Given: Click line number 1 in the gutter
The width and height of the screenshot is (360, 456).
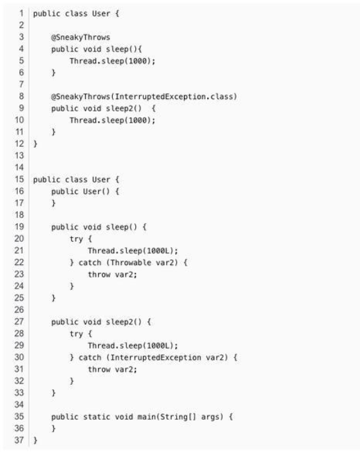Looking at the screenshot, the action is [x=21, y=13].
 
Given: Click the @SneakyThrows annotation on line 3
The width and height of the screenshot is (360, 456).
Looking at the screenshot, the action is [x=80, y=37].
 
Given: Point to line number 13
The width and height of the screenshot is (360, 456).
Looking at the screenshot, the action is [x=19, y=156].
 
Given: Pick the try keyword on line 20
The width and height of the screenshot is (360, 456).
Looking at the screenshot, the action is [x=76, y=239].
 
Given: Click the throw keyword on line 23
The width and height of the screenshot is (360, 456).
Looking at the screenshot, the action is [x=99, y=275].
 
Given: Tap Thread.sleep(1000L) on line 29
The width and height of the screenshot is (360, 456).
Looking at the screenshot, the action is [x=131, y=345].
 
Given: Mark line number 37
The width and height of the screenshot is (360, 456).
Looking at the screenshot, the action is [x=19, y=440].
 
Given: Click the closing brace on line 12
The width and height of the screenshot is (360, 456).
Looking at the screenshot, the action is [x=35, y=144].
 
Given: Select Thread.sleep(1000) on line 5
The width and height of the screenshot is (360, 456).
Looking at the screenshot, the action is [x=110, y=61].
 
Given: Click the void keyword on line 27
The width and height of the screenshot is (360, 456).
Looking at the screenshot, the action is [x=92, y=322].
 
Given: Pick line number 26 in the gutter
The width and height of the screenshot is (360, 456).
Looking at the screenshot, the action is [x=19, y=310].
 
